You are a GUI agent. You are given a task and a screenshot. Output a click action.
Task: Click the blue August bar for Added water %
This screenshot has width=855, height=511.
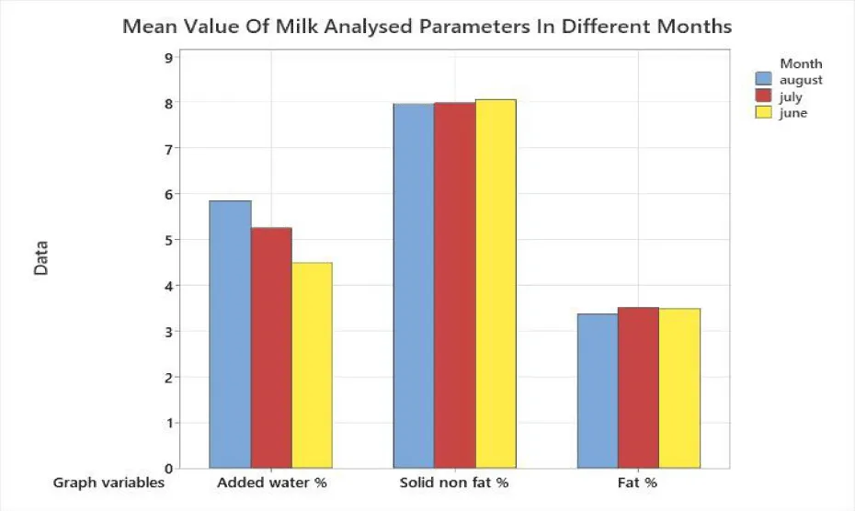tap(230, 335)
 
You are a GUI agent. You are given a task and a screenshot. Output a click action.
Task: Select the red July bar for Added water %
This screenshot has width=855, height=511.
tap(271, 348)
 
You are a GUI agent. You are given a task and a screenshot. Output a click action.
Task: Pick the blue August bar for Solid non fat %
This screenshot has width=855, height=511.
tap(414, 286)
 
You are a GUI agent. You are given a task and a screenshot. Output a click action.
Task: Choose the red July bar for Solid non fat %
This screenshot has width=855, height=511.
tap(455, 286)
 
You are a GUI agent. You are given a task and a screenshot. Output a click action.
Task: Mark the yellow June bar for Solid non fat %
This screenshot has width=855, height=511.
tap(496, 284)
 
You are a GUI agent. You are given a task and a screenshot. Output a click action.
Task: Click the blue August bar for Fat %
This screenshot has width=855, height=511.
tap(598, 392)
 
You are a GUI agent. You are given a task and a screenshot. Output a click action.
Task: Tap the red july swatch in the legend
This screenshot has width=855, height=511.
tap(763, 97)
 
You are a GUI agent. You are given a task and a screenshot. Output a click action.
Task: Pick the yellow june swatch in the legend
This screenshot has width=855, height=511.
tap(763, 113)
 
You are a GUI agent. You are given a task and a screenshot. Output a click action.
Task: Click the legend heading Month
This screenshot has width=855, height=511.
tap(800, 64)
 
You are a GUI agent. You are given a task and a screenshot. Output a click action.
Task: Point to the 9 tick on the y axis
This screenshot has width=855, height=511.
tap(167, 57)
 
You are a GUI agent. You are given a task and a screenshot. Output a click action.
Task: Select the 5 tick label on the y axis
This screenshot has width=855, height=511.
tap(167, 240)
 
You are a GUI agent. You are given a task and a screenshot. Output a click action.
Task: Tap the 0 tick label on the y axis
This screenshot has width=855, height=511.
tap(167, 469)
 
